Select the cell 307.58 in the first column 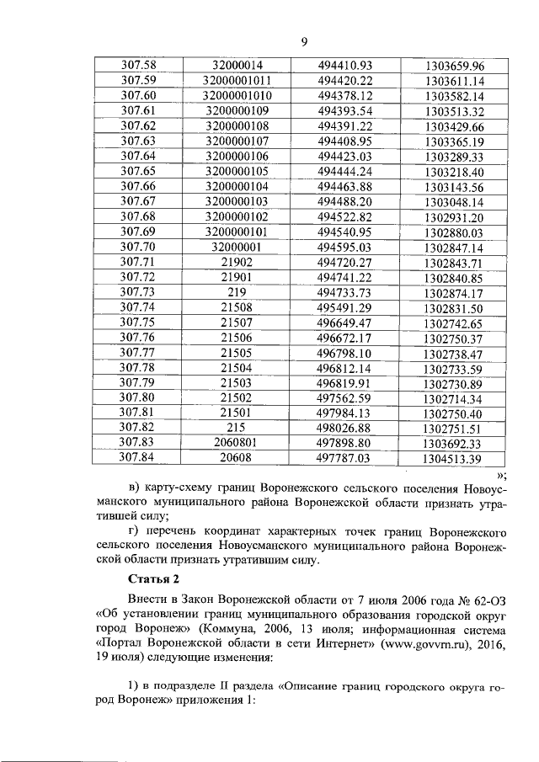click(x=139, y=65)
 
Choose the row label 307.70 click(x=139, y=248)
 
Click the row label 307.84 click(x=139, y=459)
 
